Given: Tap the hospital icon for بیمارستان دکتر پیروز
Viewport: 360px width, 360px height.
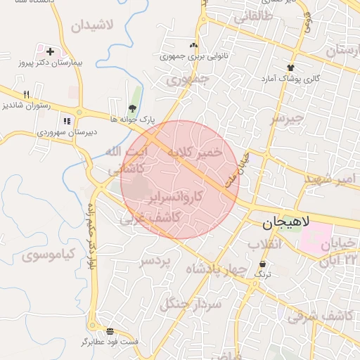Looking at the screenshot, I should tap(50, 51).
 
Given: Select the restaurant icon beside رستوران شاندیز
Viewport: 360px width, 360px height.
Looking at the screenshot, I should tap(27, 94).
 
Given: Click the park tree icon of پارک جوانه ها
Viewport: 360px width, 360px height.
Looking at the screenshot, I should tap(131, 108).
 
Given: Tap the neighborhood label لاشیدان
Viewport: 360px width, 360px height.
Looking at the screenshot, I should tap(91, 25).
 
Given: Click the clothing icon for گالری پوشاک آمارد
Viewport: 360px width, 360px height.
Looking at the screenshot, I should tap(290, 67).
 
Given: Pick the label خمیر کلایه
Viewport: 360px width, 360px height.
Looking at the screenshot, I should tap(198, 152).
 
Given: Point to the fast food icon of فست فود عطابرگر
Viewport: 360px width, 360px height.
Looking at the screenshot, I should tap(110, 330).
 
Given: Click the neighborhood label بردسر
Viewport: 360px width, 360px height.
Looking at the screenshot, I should tap(155, 262).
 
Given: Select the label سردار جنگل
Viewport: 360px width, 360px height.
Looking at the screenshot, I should tap(191, 304).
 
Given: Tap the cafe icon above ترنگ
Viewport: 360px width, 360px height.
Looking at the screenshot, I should tap(262, 264).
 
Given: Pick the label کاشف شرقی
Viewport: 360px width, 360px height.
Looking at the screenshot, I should tap(321, 316).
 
